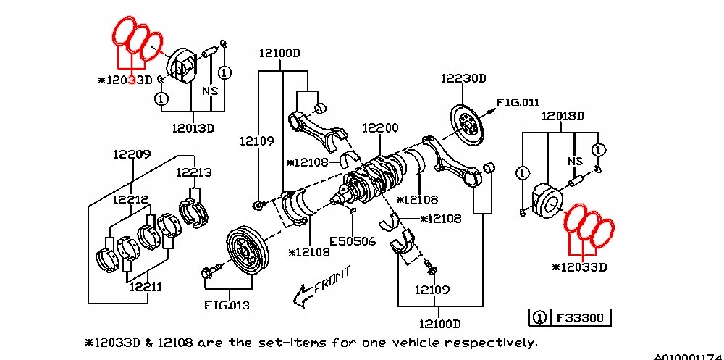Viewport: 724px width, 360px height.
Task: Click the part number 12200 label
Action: click(380, 128)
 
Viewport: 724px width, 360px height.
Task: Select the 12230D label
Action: click(463, 78)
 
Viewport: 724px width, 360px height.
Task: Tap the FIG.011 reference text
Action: click(518, 102)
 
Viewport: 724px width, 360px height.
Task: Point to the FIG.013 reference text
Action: click(226, 305)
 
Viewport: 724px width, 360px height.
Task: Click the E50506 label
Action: click(353, 240)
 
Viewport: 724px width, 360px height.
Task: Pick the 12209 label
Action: click(131, 154)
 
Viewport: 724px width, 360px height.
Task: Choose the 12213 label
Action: click(193, 172)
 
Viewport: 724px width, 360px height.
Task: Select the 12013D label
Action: click(193, 128)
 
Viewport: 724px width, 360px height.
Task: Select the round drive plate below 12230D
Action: click(470, 128)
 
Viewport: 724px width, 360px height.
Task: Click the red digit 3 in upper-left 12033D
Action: click(131, 79)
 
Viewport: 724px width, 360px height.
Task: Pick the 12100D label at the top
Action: click(281, 53)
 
